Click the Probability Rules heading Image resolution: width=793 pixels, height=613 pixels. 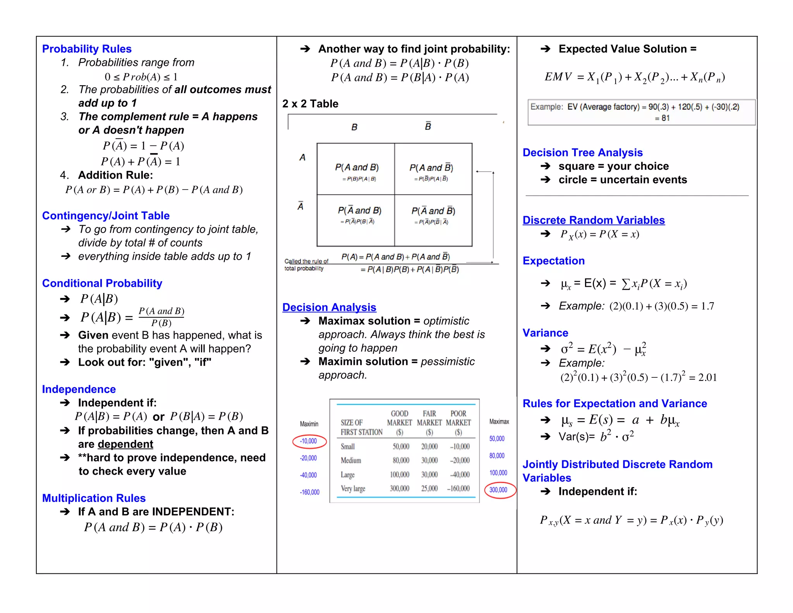click(87, 49)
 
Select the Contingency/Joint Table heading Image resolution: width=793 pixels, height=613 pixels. click(106, 215)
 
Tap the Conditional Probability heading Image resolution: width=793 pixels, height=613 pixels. click(102, 283)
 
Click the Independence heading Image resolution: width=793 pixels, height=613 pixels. click(79, 389)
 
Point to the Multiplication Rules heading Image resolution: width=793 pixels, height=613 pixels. click(94, 498)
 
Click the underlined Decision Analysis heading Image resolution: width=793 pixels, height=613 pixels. click(329, 307)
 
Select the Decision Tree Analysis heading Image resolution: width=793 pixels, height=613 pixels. click(582, 153)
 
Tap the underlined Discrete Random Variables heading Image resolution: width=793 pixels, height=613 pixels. click(594, 220)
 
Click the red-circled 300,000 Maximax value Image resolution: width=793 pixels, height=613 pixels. click(498, 490)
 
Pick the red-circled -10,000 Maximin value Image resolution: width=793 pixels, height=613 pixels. click(309, 441)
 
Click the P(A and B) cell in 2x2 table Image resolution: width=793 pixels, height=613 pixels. click(357, 167)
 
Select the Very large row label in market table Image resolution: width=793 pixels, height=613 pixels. click(353, 489)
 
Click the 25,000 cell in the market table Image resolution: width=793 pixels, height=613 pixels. click(429, 489)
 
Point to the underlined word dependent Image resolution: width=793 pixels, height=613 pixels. click(125, 444)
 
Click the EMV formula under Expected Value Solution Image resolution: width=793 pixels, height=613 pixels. click(635, 77)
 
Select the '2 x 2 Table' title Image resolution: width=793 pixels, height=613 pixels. click(310, 104)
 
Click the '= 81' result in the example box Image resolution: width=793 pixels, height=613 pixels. click(662, 118)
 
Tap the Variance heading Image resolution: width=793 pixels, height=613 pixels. click(545, 333)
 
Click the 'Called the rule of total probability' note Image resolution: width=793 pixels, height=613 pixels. click(306, 265)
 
